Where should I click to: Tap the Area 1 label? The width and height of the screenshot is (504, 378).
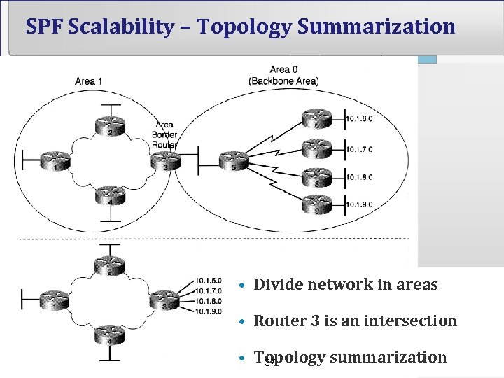89,81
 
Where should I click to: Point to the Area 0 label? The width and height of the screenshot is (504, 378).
283,69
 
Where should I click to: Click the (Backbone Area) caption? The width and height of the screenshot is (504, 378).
283,80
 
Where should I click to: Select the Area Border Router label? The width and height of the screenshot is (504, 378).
165,134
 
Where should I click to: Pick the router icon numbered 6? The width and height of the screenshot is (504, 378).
316,120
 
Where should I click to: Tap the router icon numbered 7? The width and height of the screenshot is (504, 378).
316,148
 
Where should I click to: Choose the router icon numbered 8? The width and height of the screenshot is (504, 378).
316,177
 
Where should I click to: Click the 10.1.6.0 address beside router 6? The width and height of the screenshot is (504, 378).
359,119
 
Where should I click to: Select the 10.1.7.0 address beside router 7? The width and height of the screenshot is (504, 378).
359,148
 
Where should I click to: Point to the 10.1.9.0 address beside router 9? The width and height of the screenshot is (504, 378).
359,205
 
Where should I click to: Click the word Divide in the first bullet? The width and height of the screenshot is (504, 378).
276,285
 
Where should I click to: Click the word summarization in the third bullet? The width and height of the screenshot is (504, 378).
388,358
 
